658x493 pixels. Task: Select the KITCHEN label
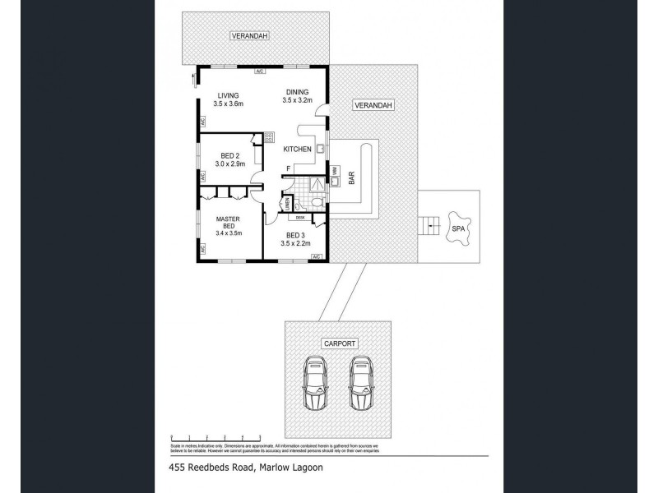point(297,150)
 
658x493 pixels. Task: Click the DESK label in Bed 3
point(300,218)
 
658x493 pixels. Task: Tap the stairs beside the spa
point(427,223)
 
